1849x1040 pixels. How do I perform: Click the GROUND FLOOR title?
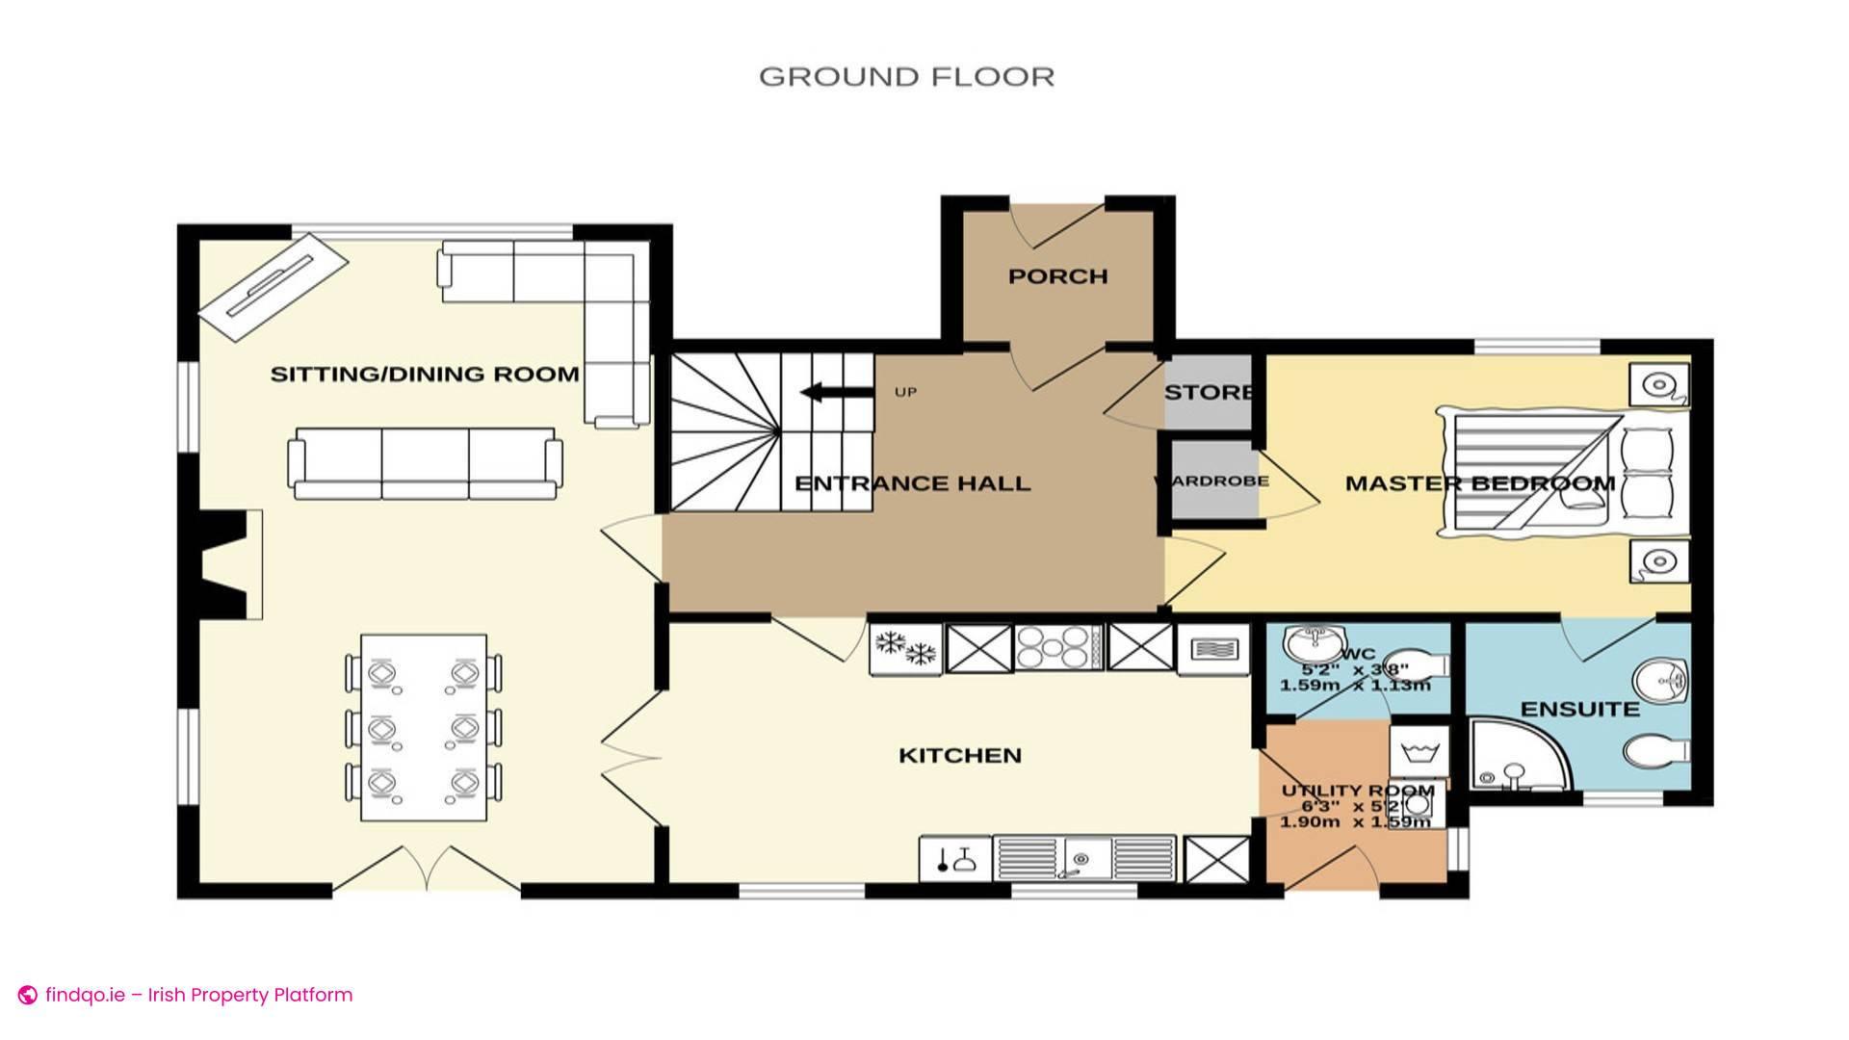pyautogui.click(x=906, y=77)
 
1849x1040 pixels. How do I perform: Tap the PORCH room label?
pyautogui.click(x=1057, y=276)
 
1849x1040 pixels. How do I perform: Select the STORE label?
pyautogui.click(x=1208, y=393)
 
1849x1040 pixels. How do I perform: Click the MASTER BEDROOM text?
pyautogui.click(x=1479, y=483)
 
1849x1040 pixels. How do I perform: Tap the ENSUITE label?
pyautogui.click(x=1579, y=710)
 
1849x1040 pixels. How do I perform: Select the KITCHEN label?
pyautogui.click(x=959, y=756)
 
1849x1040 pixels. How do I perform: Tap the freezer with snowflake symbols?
pyautogui.click(x=906, y=648)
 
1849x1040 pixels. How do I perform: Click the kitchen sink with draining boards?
pyautogui.click(x=1084, y=857)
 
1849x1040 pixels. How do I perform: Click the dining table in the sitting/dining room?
pyautogui.click(x=424, y=728)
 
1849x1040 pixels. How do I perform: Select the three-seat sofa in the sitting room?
pyautogui.click(x=426, y=463)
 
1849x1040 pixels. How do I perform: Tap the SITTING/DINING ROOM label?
pyautogui.click(x=425, y=375)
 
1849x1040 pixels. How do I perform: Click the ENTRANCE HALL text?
pyautogui.click(x=912, y=483)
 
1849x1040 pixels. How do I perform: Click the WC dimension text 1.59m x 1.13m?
pyautogui.click(x=1354, y=686)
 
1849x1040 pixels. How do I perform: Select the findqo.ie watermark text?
pyautogui.click(x=198, y=995)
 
